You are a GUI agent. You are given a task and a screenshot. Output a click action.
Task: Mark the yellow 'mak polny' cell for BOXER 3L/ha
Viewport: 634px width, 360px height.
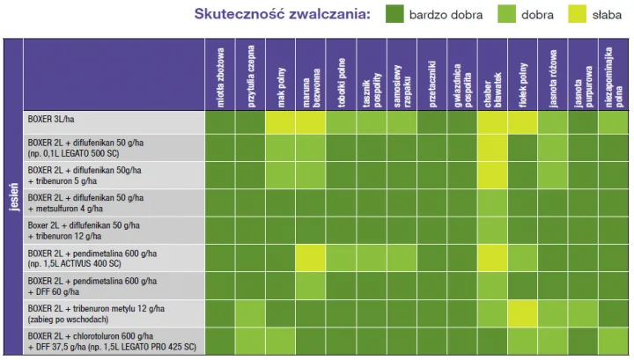(279, 121)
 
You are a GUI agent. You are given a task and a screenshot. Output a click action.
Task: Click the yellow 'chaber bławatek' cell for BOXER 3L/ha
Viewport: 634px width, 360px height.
(492, 121)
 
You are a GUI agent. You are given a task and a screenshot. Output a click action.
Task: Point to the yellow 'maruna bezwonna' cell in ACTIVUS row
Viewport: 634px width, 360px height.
(310, 258)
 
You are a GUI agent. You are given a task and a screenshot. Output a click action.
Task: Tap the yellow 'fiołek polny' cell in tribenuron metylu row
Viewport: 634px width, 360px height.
(522, 312)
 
